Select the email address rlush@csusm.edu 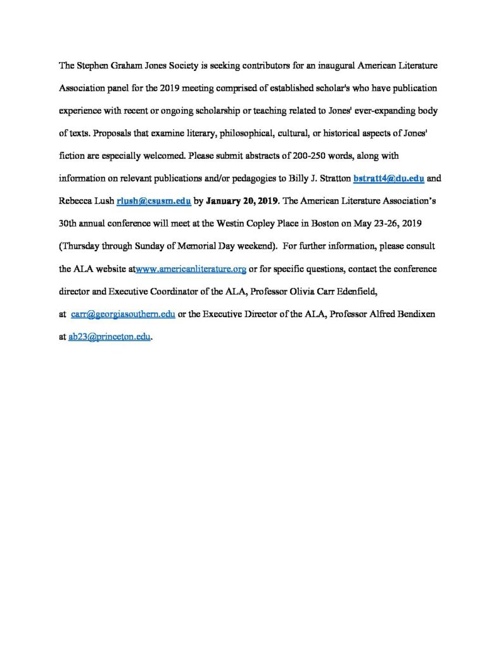pos(154,201)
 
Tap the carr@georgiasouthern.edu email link pos(123,315)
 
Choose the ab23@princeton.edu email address pos(110,337)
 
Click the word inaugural pos(314,65)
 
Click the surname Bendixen pos(412,315)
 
